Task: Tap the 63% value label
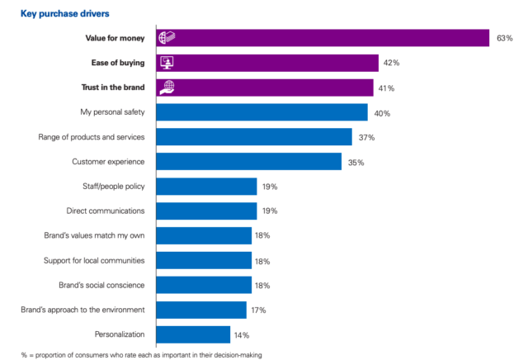pyautogui.click(x=506, y=38)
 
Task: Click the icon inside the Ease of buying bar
pyautogui.click(x=166, y=63)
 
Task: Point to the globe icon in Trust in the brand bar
pyautogui.click(x=166, y=88)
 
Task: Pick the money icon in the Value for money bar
pyautogui.click(x=166, y=38)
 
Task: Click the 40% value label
pyautogui.click(x=381, y=113)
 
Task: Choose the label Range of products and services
pyautogui.click(x=92, y=137)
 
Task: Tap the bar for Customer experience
pyautogui.click(x=248, y=162)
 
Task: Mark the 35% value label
pyautogui.click(x=356, y=163)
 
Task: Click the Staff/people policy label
pyautogui.click(x=109, y=187)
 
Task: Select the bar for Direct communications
pyautogui.click(x=206, y=211)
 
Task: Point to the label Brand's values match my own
pyautogui.click(x=95, y=235)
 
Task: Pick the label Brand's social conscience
pyautogui.click(x=101, y=285)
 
